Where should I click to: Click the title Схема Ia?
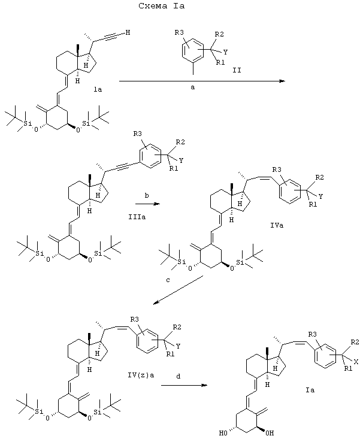point(162,6)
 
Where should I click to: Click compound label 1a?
point(98,90)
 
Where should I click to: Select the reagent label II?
point(237,70)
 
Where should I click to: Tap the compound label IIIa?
point(137,217)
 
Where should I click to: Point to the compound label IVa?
point(277,225)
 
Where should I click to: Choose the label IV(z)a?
point(141,375)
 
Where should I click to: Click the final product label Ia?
point(310,390)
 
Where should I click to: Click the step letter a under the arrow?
point(193,87)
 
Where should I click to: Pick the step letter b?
point(147,196)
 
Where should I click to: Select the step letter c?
point(168,280)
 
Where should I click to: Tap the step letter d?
point(179,376)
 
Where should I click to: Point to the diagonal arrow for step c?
point(178,290)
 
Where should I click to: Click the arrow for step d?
point(184,385)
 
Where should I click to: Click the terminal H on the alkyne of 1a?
point(128,32)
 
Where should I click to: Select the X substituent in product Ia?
point(356,362)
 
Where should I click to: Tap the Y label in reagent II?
point(225,52)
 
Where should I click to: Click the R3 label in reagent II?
point(179,33)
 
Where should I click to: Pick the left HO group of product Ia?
point(223,433)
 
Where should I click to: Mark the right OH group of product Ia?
point(270,433)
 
